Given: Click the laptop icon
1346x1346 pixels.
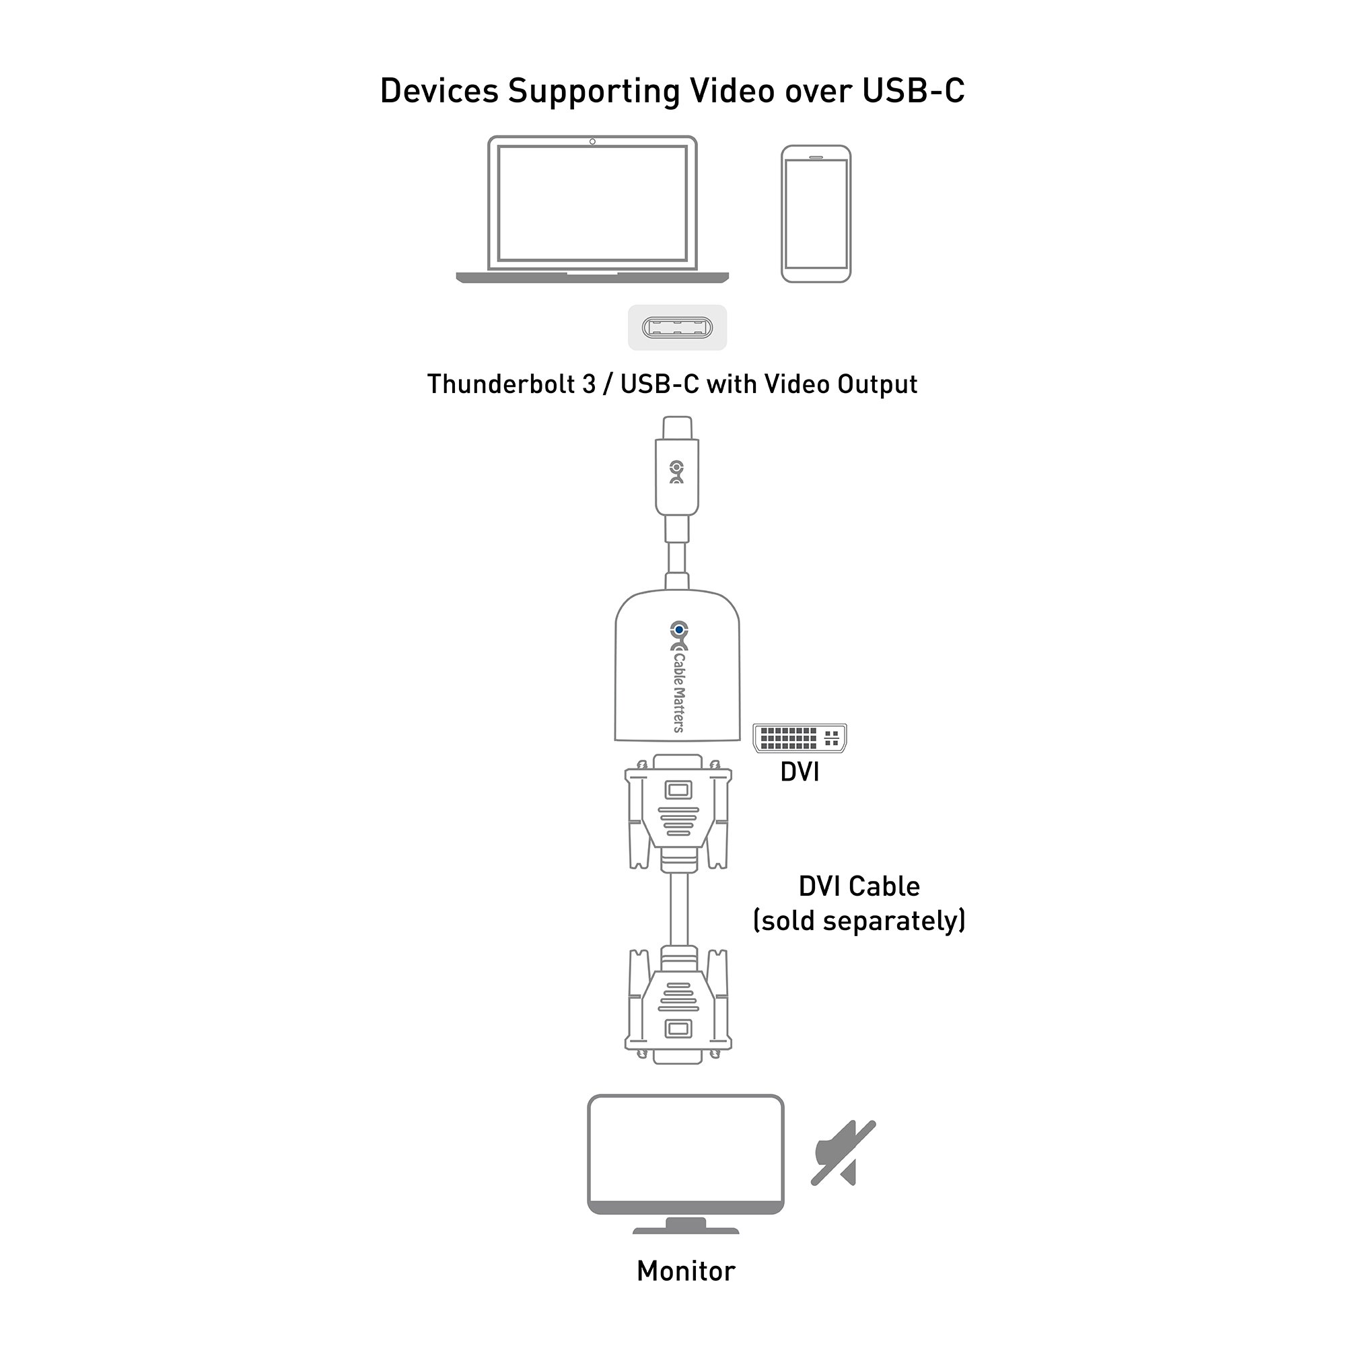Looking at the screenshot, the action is point(592,210).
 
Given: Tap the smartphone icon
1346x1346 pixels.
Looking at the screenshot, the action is point(816,214).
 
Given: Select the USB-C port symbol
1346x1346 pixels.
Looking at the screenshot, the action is point(677,328).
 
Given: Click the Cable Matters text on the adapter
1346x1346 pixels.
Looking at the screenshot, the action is point(678,693).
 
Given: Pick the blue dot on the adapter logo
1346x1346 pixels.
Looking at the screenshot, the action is point(678,629).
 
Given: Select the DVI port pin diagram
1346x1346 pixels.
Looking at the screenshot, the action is point(800,738).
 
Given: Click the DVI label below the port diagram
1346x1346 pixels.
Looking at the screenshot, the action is point(800,772).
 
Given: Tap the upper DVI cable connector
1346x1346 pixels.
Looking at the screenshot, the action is point(678,812).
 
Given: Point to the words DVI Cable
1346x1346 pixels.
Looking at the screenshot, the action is point(859,886).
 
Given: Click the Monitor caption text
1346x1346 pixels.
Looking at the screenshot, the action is point(686,1271).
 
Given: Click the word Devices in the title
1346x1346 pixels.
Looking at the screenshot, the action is point(439,92).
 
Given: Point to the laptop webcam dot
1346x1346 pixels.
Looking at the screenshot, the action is point(592,141).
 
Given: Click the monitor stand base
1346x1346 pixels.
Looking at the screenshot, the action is point(686,1230).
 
